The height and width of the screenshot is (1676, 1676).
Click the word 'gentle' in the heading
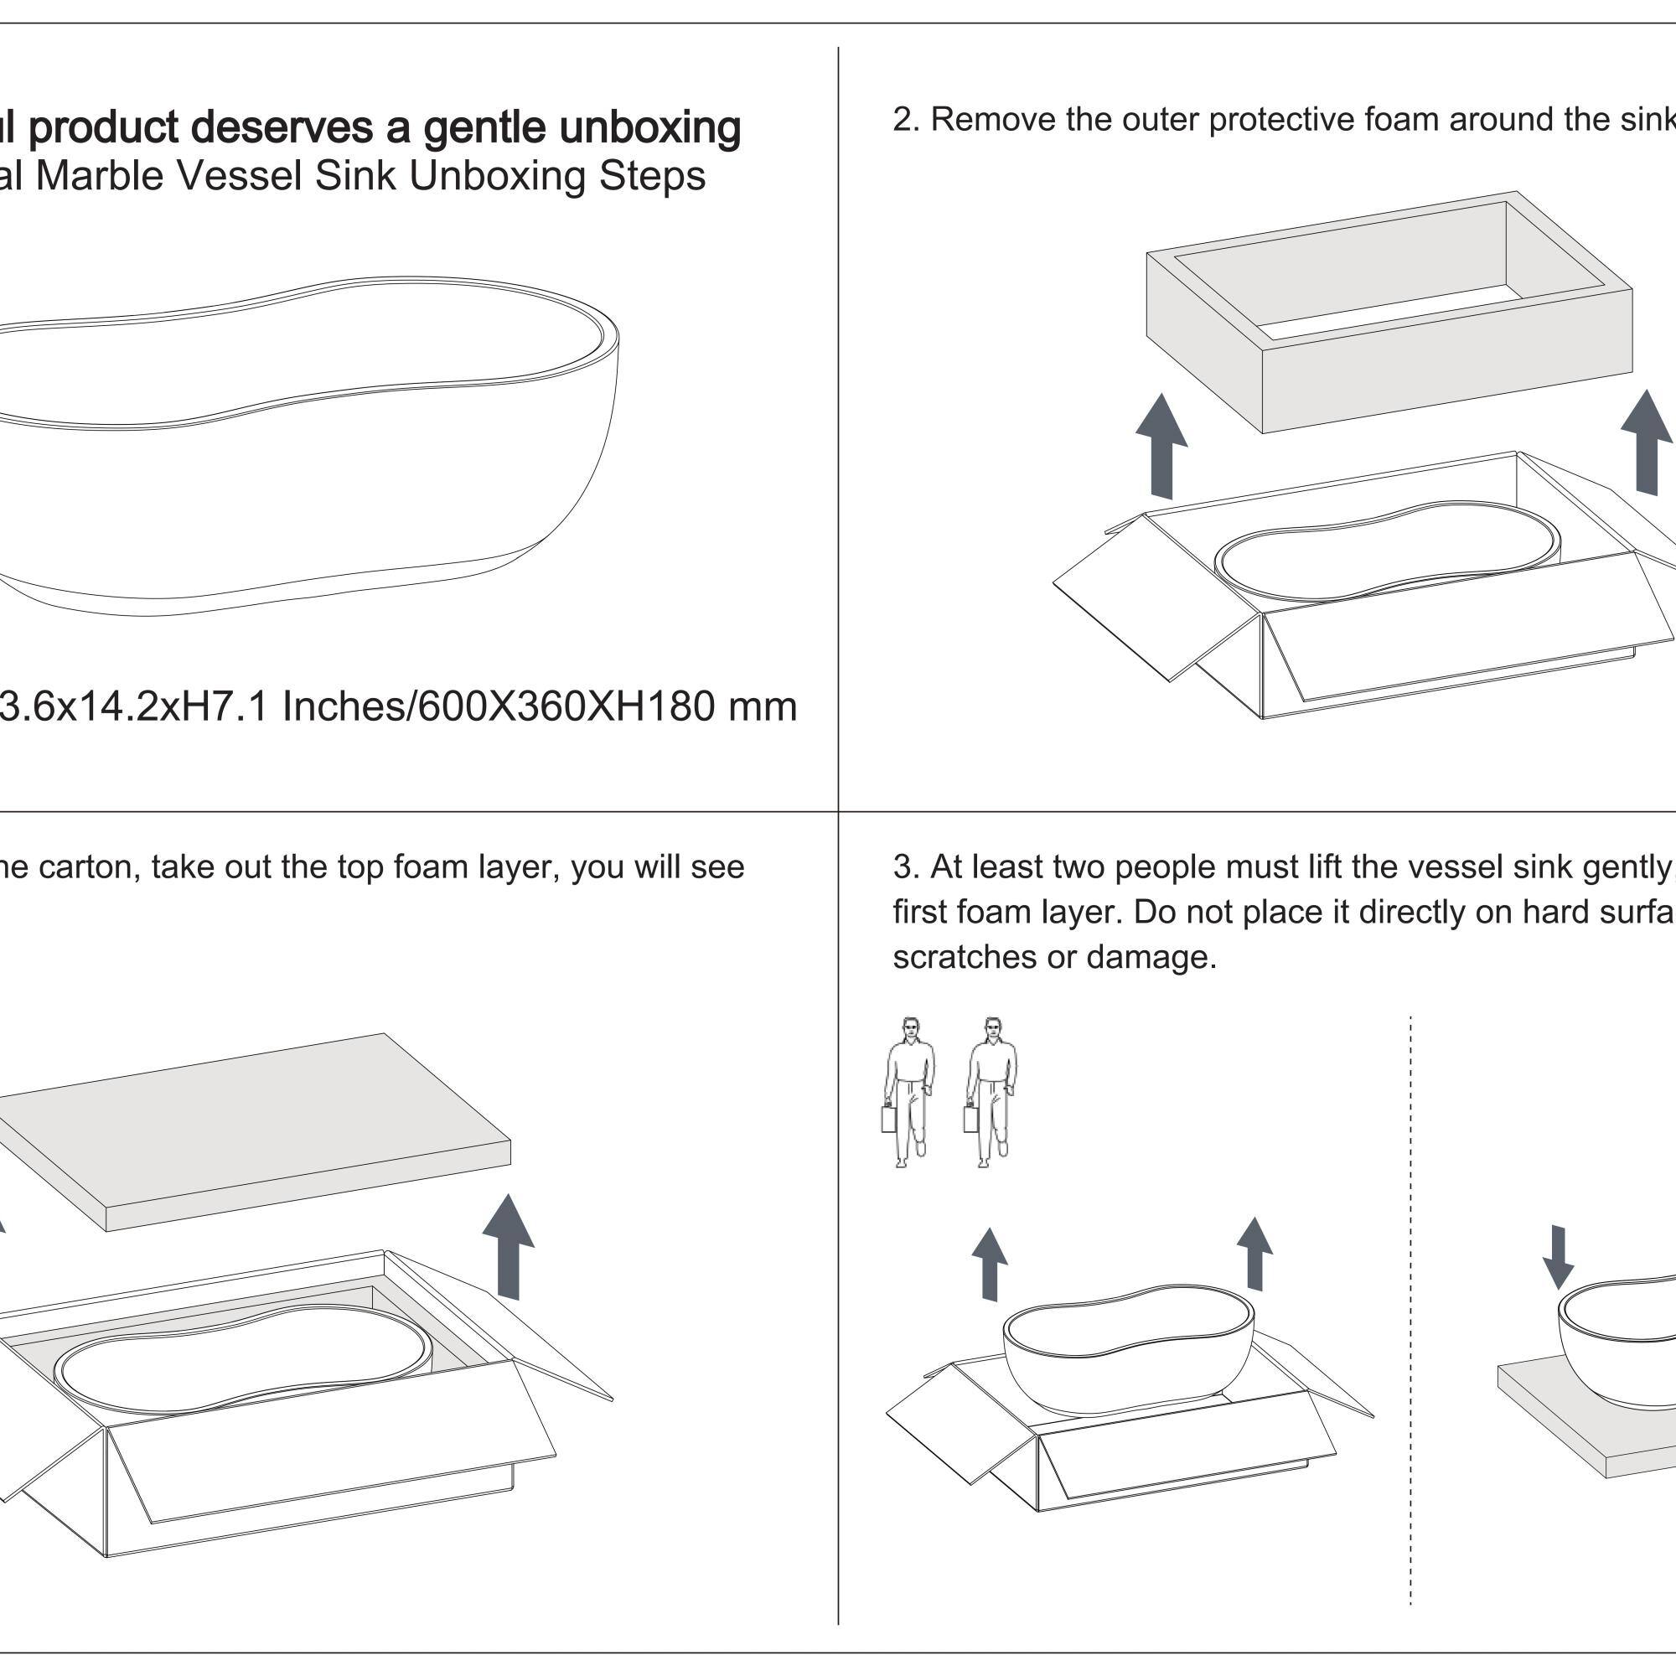(484, 128)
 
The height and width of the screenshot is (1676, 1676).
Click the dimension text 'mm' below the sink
(762, 706)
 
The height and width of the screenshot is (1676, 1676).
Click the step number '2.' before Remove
(906, 120)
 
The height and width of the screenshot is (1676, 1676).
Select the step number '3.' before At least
(906, 866)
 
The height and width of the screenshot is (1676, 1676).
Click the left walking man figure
(908, 1090)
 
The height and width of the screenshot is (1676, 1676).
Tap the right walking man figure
(991, 1090)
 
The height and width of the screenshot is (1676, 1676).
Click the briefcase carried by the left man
(889, 1118)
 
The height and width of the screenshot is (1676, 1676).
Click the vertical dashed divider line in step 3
(1410, 1301)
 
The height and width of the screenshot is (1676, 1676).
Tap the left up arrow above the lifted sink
(989, 1263)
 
